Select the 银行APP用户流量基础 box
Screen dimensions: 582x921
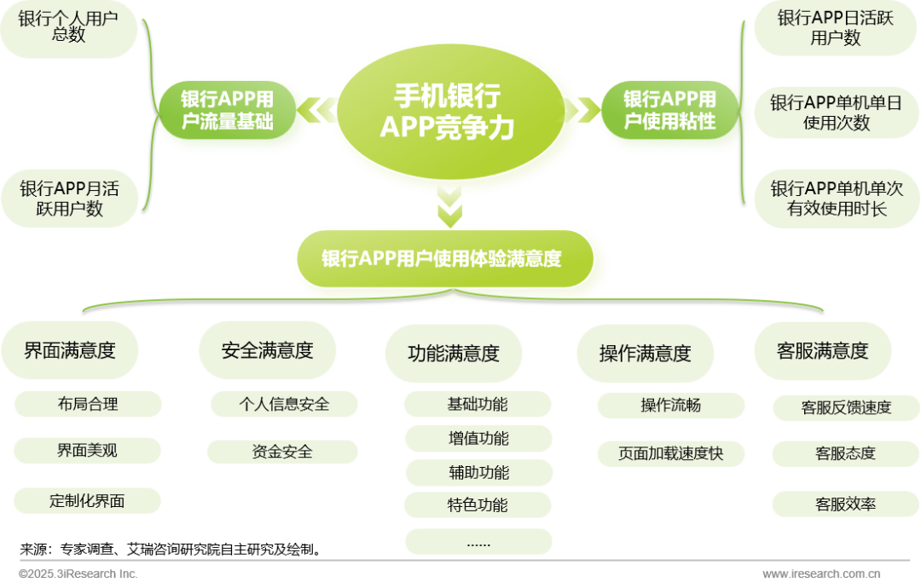point(228,110)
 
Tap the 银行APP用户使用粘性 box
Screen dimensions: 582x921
point(669,110)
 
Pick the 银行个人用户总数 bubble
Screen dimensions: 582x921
point(68,27)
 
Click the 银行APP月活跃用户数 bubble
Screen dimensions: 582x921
point(69,198)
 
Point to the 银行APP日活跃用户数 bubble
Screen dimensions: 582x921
point(835,28)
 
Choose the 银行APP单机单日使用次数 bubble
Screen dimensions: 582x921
point(836,112)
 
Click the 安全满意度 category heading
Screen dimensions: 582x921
point(267,350)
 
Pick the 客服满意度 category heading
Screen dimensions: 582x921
point(823,350)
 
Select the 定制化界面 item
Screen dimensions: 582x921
point(87,501)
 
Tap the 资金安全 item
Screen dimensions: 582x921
point(282,452)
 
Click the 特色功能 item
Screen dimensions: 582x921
point(478,505)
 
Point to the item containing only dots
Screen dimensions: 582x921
point(478,542)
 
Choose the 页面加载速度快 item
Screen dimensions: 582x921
point(670,454)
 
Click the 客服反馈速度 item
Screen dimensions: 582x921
point(846,407)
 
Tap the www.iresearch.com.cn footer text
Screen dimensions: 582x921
point(822,574)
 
